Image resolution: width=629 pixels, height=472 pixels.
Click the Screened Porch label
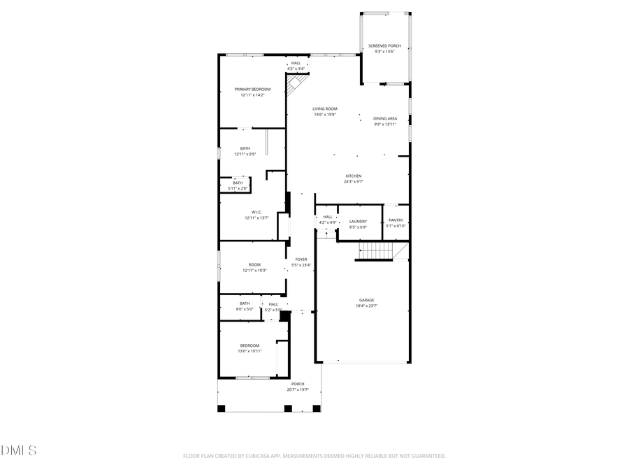click(x=384, y=45)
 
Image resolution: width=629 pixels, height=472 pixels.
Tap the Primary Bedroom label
click(x=252, y=90)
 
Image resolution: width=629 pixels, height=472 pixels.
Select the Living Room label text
click(x=325, y=108)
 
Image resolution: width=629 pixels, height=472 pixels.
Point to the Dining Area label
click(x=385, y=119)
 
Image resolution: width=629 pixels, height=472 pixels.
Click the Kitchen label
click(x=354, y=176)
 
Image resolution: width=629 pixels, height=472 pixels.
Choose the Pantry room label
click(x=396, y=220)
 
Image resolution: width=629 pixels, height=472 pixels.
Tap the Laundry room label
click(x=358, y=222)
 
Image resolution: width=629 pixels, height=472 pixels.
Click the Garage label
click(x=367, y=300)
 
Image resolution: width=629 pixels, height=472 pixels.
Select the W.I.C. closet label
click(x=256, y=212)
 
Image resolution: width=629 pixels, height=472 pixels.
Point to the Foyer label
click(x=301, y=259)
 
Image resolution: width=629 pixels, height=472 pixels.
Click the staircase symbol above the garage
click(x=376, y=250)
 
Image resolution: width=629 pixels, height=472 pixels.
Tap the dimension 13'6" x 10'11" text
click(x=250, y=351)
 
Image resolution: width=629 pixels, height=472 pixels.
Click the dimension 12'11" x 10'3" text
click(x=254, y=270)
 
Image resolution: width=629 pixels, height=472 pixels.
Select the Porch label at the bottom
click(x=298, y=384)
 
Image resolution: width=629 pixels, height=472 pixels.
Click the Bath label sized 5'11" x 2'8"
click(x=238, y=183)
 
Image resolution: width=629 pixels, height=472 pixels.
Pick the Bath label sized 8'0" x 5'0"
click(x=245, y=303)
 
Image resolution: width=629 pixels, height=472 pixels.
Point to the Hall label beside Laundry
click(x=328, y=217)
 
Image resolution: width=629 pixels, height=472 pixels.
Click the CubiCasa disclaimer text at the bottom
click(x=314, y=456)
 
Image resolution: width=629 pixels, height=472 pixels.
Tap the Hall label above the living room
click(x=296, y=63)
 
